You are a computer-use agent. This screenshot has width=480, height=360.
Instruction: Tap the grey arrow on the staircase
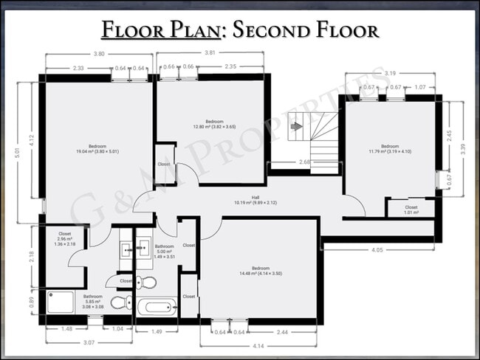[296, 126]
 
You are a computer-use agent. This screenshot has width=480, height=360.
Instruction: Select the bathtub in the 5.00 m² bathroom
[158, 308]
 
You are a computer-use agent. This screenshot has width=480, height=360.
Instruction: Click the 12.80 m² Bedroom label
[214, 123]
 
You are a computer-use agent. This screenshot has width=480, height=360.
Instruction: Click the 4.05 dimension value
[377, 251]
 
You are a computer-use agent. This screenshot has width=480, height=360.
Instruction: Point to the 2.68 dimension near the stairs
[304, 162]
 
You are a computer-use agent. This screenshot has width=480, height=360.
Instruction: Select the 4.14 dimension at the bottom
[257, 345]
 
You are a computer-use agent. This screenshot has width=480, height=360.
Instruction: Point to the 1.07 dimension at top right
[419, 87]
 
